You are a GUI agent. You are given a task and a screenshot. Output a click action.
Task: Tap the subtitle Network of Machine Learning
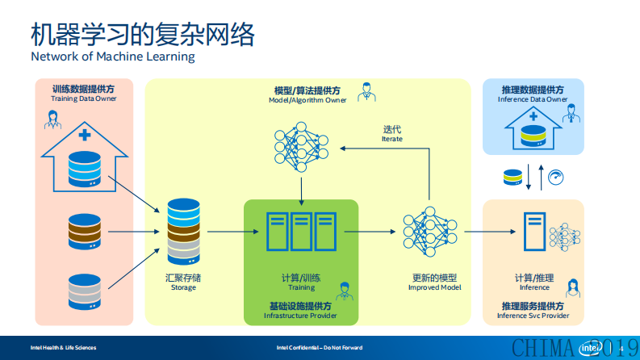pyautogui.click(x=113, y=57)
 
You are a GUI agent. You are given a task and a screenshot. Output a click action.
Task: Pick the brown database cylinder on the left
pyautogui.click(x=85, y=232)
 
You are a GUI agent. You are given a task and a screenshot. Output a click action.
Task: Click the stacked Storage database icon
pyautogui.click(x=183, y=232)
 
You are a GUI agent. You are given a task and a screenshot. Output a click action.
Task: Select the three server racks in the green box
pyautogui.click(x=301, y=232)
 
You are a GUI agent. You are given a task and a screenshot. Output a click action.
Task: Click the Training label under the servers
pyautogui.click(x=301, y=287)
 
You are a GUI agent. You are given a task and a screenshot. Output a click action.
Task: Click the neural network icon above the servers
pyautogui.click(x=301, y=146)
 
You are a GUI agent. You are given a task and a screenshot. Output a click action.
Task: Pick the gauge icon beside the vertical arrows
pyautogui.click(x=555, y=176)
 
